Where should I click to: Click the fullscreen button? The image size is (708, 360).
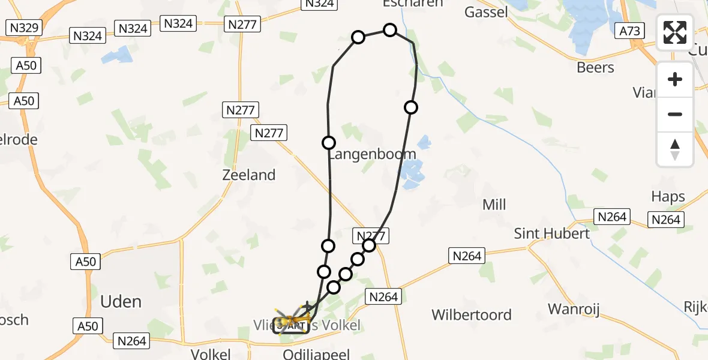675,32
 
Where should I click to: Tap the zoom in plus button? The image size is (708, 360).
675,80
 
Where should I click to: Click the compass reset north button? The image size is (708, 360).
675,149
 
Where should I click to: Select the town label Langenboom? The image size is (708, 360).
372,155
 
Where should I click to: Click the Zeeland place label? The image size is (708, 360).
248,175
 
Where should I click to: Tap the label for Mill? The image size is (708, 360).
494,205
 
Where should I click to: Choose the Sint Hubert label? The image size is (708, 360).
552,233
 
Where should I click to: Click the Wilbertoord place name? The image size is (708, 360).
472,315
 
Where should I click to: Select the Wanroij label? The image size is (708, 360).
574,310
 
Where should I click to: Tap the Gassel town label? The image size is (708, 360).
486,12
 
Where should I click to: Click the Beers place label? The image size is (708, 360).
595,68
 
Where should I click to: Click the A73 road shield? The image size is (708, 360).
629,31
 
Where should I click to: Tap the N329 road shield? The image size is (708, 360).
22,28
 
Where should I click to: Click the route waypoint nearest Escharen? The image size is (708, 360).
390,30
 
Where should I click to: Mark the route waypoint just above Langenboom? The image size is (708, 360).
329,143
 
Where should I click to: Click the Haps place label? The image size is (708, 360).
668,197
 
